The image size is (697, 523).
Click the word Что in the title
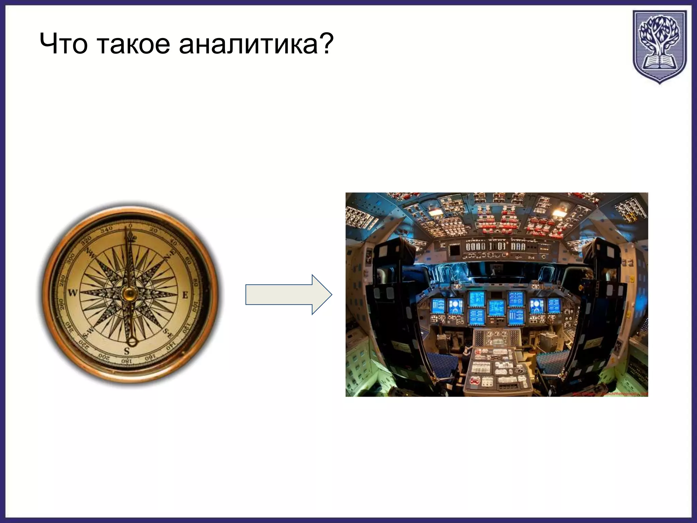click(64, 44)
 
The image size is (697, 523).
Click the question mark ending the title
click(325, 44)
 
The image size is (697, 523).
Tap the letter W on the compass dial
click(72, 292)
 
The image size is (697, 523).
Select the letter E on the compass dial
click(185, 295)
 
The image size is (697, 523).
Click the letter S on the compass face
click(127, 350)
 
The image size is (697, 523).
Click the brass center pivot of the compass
click(129, 294)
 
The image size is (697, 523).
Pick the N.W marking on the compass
click(91, 253)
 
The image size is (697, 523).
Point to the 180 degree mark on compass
click(126, 361)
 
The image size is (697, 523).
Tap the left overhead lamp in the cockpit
click(434, 212)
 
